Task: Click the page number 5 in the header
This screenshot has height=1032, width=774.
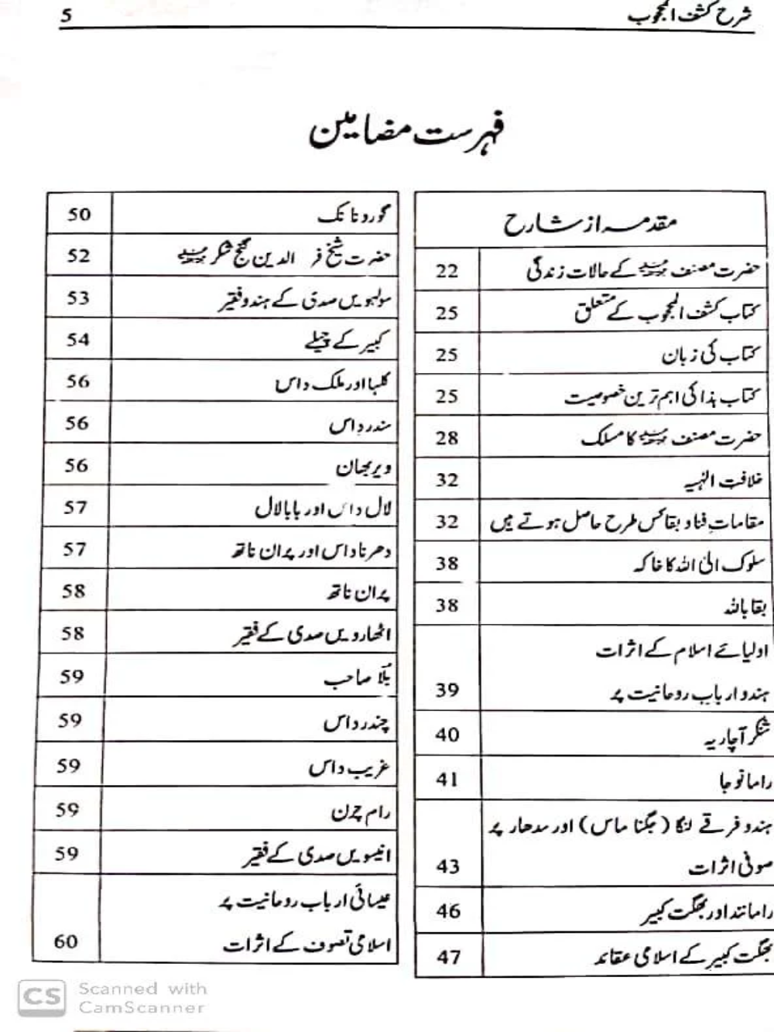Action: click(x=67, y=15)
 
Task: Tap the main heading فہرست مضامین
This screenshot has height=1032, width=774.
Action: click(x=406, y=134)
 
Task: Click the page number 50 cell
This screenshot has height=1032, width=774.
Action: click(x=78, y=214)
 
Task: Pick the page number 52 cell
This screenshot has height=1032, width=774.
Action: click(x=78, y=256)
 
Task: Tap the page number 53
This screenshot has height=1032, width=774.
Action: click(x=78, y=298)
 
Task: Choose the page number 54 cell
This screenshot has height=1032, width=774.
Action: click(x=78, y=339)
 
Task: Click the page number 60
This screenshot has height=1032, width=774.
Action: click(x=66, y=941)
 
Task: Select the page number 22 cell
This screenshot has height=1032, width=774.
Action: click(x=447, y=271)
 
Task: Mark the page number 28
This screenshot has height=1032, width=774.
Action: click(x=447, y=438)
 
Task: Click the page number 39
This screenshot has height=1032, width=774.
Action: click(x=447, y=690)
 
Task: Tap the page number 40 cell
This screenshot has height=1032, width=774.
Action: click(x=447, y=734)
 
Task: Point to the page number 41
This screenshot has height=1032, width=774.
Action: click(x=447, y=779)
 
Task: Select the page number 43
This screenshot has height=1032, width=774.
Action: click(x=447, y=866)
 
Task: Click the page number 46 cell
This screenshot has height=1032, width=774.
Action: click(x=447, y=911)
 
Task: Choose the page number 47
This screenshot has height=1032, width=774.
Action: click(x=448, y=957)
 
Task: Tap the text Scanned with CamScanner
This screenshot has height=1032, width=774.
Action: click(x=142, y=998)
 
